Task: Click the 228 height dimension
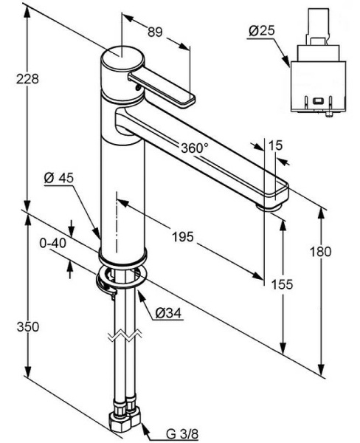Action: pos(27,79)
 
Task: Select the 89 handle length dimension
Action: pos(155,32)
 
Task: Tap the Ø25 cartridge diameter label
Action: pos(261,31)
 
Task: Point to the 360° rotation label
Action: pos(195,148)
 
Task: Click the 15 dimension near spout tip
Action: pos(275,145)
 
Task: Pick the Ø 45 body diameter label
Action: pos(59,178)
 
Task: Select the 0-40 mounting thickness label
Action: pos(53,243)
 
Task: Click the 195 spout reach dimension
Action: pos(183,237)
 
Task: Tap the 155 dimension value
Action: pos(282,284)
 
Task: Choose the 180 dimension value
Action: pos(320,252)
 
